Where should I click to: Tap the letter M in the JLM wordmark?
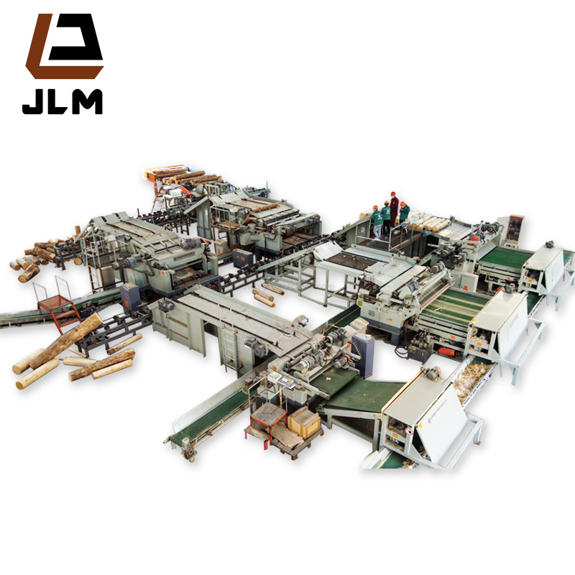(x=87, y=101)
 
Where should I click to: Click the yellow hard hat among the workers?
(x=386, y=203)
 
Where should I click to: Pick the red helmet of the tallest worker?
(x=393, y=193)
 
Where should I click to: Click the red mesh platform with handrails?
(x=55, y=301)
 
